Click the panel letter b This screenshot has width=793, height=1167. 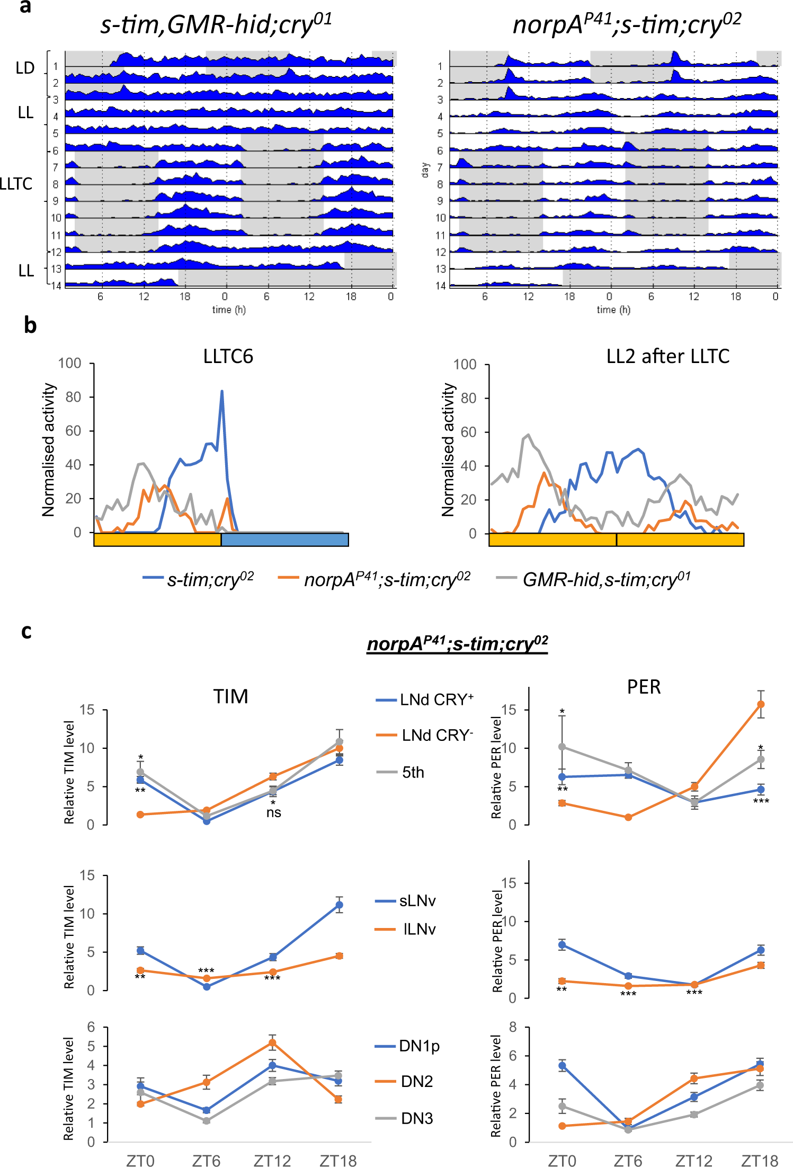[x=30, y=325]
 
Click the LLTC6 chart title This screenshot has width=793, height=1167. [x=228, y=357]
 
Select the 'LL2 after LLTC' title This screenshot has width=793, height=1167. [x=667, y=357]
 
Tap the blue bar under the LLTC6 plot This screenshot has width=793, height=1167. [x=284, y=540]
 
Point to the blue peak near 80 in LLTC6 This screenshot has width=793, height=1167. [x=222, y=392]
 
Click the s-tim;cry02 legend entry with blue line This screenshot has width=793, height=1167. [x=199, y=579]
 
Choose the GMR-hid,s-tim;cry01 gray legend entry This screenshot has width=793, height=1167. [x=594, y=579]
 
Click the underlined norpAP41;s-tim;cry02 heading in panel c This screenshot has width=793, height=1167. [x=457, y=643]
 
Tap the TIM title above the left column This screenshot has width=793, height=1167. [x=231, y=696]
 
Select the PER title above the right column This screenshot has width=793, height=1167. [x=644, y=687]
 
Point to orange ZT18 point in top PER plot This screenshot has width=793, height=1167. [x=761, y=704]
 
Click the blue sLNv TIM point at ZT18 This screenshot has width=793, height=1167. [x=339, y=905]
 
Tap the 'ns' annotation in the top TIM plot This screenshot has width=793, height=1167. [x=273, y=813]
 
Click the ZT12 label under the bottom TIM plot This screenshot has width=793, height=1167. [x=272, y=1161]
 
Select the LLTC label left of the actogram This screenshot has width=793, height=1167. [x=16, y=184]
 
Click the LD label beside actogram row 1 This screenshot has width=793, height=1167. [x=25, y=68]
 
